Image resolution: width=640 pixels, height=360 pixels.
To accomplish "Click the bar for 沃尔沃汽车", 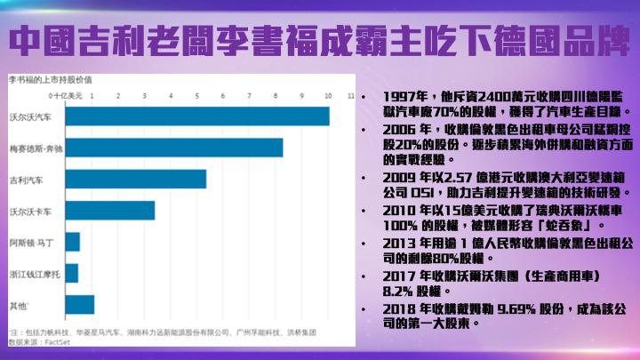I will (196, 116).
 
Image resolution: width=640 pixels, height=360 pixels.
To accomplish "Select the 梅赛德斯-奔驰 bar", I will (173, 148).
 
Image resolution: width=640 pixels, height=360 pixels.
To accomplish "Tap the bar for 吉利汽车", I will (135, 179).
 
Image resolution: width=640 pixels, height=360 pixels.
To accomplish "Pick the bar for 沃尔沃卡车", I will (109, 211).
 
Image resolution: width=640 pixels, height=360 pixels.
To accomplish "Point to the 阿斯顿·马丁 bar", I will (72, 242).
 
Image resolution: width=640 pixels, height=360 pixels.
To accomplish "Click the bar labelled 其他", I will (79, 305).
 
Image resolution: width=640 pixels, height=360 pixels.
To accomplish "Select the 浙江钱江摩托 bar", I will (71, 273).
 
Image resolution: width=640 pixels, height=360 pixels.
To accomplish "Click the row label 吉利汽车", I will (24, 180).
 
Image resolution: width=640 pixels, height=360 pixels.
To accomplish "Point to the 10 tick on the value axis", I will (328, 94).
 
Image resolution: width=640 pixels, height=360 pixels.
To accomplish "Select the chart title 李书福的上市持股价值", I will (44, 80).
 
